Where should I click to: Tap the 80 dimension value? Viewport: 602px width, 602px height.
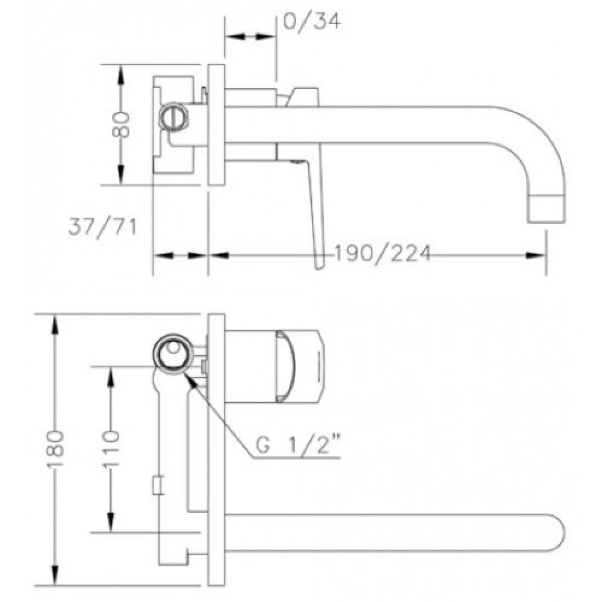[120, 125]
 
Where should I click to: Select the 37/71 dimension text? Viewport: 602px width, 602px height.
[102, 227]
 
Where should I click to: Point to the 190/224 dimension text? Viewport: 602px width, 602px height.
[383, 253]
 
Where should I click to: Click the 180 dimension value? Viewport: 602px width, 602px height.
[55, 449]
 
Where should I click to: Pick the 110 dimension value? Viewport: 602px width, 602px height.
[111, 449]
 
